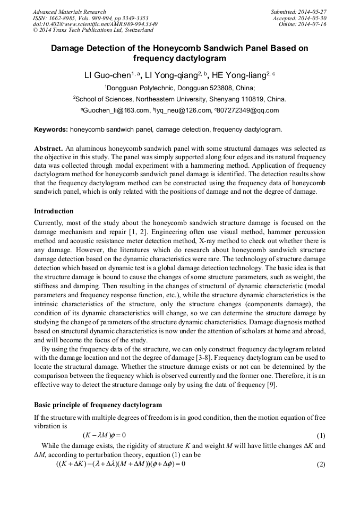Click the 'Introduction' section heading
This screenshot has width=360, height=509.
point(54,211)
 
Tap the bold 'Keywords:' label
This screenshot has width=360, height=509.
point(51,129)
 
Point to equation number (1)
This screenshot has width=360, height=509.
point(321,435)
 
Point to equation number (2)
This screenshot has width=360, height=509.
point(321,464)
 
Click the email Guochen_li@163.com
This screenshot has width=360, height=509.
point(115,110)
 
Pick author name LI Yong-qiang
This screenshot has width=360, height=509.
point(173,75)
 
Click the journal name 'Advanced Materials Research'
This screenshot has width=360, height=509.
point(69,12)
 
